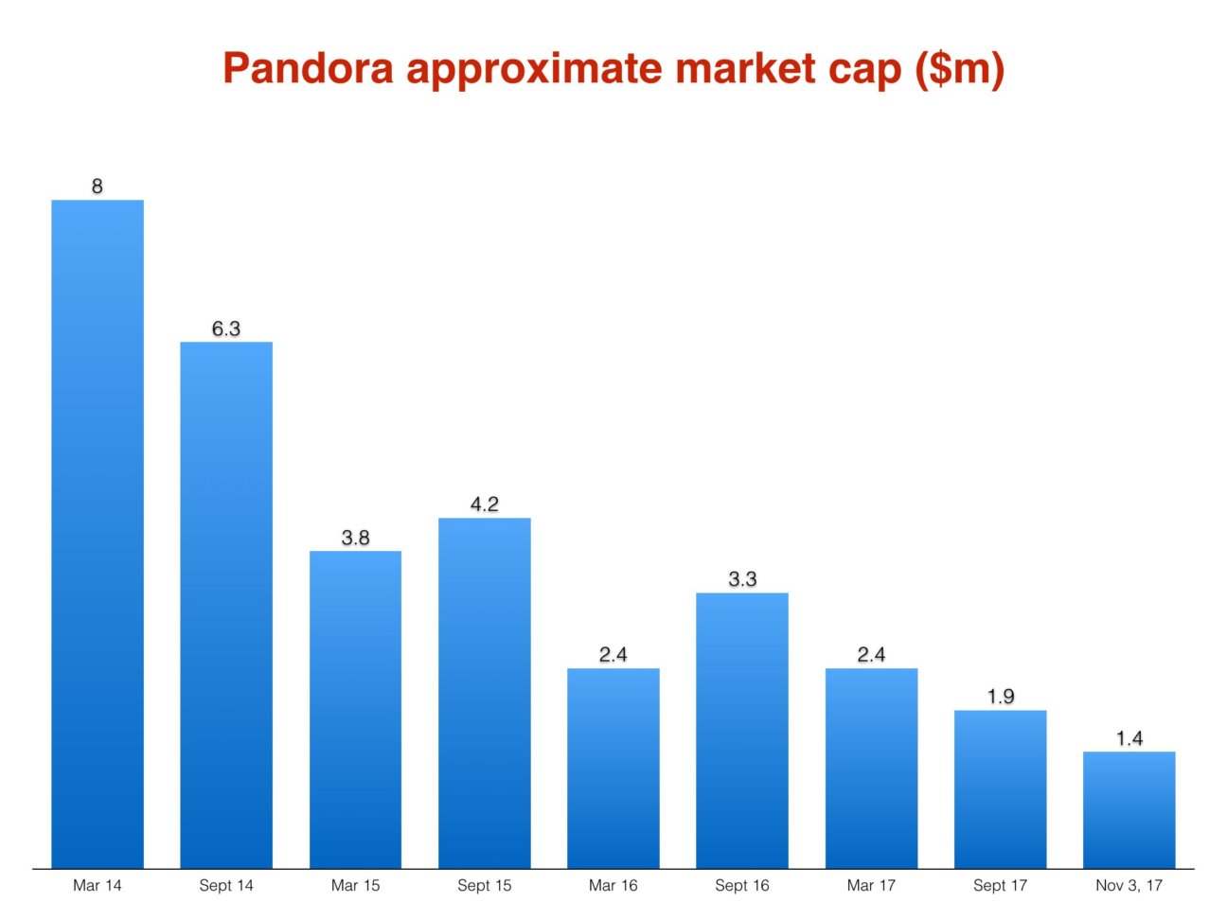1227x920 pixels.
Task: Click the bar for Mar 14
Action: (98, 534)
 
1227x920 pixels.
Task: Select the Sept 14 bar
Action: (226, 605)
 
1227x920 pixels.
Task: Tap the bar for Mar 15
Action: (355, 709)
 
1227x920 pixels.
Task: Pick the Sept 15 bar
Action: (485, 693)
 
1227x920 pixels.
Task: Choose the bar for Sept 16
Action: (742, 730)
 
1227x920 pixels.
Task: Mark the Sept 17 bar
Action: (1000, 788)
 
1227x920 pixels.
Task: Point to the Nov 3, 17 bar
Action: (1129, 809)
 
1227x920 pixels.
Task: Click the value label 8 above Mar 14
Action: (98, 186)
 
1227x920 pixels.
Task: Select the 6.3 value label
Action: (226, 328)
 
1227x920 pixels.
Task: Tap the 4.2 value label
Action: (485, 504)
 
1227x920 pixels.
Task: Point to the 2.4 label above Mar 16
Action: (613, 655)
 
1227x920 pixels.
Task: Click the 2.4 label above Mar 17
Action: (871, 655)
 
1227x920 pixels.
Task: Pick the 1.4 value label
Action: (1129, 738)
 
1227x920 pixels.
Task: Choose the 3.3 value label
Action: (742, 579)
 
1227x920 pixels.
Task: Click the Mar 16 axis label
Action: (613, 886)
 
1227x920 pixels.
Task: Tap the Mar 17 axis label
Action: (871, 886)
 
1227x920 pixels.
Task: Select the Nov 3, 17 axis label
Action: (1129, 886)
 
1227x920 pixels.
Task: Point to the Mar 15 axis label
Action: (355, 886)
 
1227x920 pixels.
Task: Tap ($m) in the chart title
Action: (960, 69)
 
